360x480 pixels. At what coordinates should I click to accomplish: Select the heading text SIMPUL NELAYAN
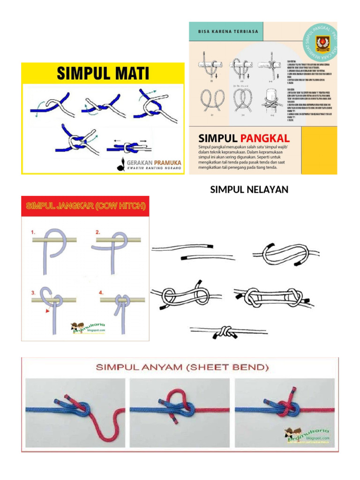248,190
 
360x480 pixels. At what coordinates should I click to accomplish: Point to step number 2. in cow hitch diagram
97,232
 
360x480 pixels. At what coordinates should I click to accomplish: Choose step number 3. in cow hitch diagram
34,292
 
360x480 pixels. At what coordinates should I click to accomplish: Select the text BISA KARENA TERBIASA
225,32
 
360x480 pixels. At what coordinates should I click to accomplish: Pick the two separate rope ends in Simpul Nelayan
192,252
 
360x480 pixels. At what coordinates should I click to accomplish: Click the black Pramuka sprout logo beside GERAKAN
120,165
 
